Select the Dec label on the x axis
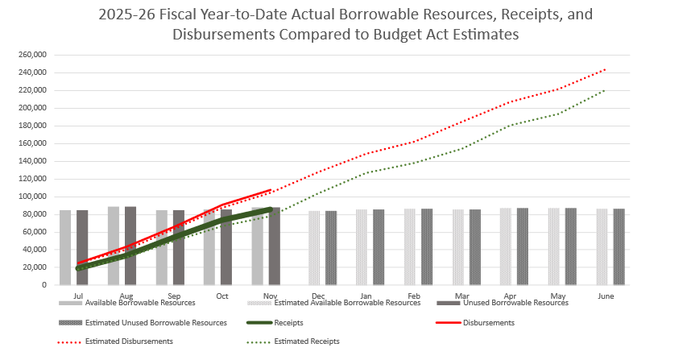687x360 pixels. [317, 296]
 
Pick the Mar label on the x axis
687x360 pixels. [461, 296]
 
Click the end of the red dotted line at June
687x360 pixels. [606, 69]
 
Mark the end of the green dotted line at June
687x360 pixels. [606, 90]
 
